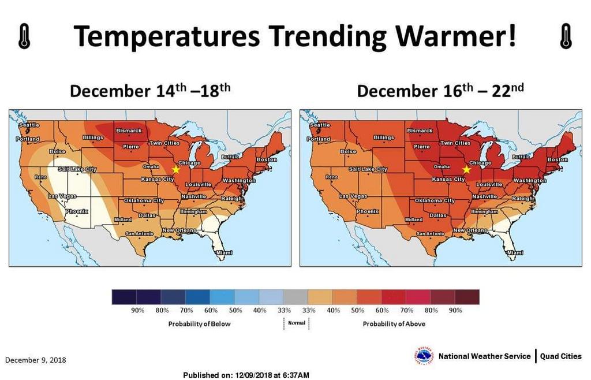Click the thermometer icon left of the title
[24, 37]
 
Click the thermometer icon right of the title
[566, 37]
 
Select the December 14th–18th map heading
[150, 91]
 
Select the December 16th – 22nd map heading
[440, 91]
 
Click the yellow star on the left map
[175, 169]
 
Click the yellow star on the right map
[466, 169]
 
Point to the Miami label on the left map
[223, 253]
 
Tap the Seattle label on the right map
[320, 125]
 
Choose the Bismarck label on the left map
[129, 131]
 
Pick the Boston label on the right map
[558, 159]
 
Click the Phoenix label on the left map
[77, 211]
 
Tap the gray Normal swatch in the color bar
[296, 297]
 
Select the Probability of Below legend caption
[199, 324]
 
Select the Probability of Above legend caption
[394, 324]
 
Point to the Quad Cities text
[561, 356]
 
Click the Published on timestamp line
[246, 375]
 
